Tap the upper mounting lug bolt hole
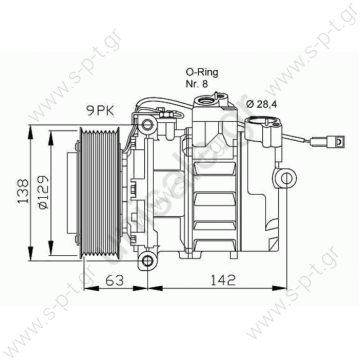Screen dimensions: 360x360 149,125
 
